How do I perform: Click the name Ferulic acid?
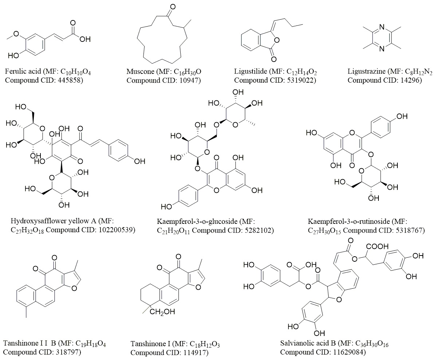[x=23, y=72]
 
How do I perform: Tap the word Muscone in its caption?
[x=139, y=72]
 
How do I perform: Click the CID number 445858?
[x=71, y=80]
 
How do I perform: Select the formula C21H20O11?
[x=173, y=230]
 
